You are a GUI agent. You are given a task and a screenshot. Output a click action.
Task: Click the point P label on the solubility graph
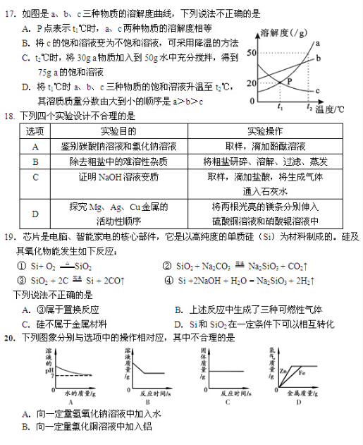coord(289,83)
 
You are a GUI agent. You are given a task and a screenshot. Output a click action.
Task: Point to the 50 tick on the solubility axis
coord(252,54)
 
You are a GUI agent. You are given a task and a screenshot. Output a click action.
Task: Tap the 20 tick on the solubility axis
coord(252,83)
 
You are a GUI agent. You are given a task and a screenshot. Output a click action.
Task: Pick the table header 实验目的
coord(117,132)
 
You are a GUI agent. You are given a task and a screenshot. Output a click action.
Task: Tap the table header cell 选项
coord(35,132)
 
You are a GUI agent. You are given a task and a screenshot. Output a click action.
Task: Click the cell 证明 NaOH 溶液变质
coord(117,176)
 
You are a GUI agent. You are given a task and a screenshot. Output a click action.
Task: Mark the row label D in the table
coord(35,214)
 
